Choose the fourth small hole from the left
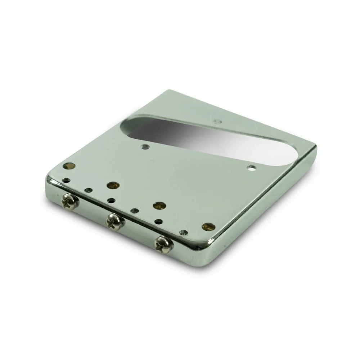[x=134, y=211]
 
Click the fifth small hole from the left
[x=158, y=222]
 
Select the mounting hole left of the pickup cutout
[x=145, y=147]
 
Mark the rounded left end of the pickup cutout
[x=127, y=129]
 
